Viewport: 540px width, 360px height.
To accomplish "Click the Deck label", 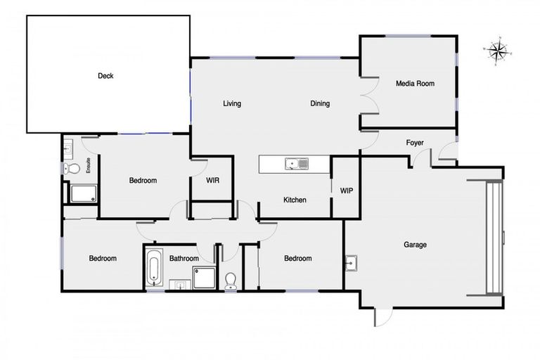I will pyautogui.click(x=106, y=76).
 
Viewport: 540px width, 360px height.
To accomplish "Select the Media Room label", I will pyautogui.click(x=415, y=84).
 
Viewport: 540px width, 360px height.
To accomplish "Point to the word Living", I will pyautogui.click(x=232, y=104).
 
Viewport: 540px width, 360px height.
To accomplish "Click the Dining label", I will pyautogui.click(x=320, y=104).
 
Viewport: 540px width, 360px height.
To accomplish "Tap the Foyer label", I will pyautogui.click(x=415, y=143).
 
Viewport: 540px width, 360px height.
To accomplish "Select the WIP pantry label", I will pyautogui.click(x=346, y=191).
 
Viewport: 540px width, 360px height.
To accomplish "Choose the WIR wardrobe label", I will pyautogui.click(x=212, y=181).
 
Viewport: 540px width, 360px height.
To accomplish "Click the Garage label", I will pyautogui.click(x=415, y=245).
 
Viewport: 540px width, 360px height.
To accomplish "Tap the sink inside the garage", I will pyautogui.click(x=352, y=264).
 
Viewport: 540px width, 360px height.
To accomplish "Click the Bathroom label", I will pyautogui.click(x=184, y=259).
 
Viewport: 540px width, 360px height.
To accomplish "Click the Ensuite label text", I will pyautogui.click(x=89, y=166).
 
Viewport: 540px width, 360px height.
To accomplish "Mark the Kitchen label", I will pyautogui.click(x=295, y=200).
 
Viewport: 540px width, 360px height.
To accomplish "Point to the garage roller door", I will pyautogui.click(x=496, y=237).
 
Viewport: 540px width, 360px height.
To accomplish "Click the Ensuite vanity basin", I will pyautogui.click(x=69, y=148).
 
